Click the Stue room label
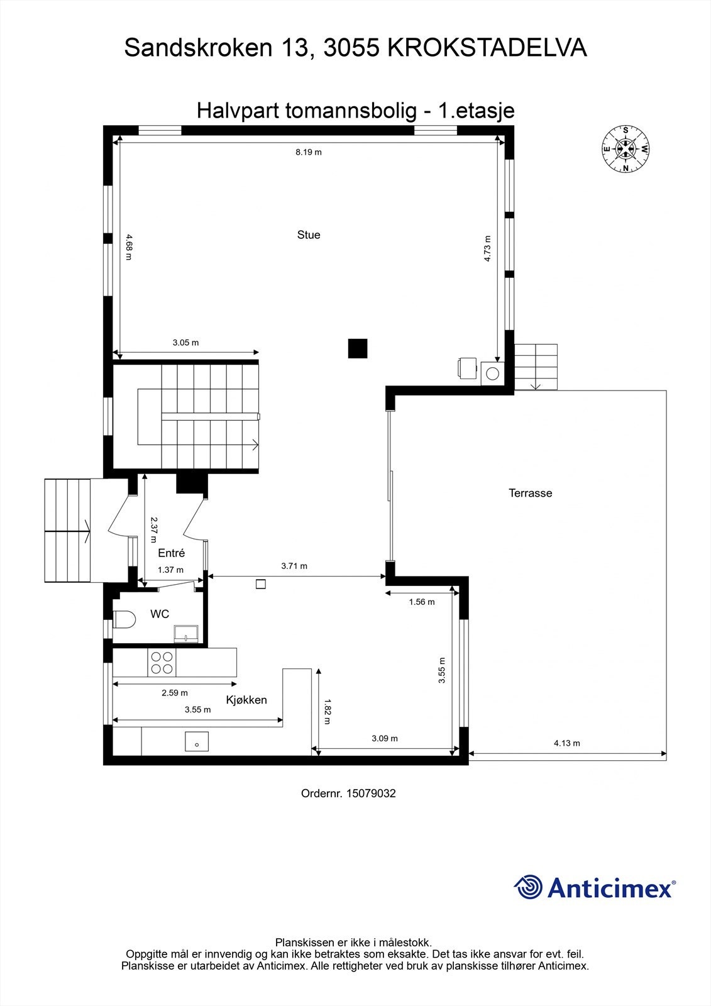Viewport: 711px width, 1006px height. tap(309, 235)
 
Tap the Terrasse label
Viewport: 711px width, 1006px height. tap(530, 494)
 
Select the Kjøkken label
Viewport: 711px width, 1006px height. tap(246, 700)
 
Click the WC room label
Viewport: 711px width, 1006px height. tap(160, 614)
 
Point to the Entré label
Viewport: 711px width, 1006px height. tap(171, 553)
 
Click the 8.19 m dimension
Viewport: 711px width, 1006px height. tap(309, 152)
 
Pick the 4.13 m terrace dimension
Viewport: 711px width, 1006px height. tap(566, 743)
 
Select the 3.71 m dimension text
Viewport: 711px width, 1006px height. tap(294, 566)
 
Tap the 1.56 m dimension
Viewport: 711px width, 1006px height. tap(421, 602)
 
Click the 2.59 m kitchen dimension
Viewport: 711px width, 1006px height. tap(174, 693)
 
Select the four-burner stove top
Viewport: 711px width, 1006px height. tap(162, 663)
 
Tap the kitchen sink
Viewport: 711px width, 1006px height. tap(197, 742)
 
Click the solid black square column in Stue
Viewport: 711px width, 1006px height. tap(358, 348)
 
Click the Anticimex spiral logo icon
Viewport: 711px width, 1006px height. tap(528, 887)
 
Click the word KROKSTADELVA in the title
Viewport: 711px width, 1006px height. tap(487, 48)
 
